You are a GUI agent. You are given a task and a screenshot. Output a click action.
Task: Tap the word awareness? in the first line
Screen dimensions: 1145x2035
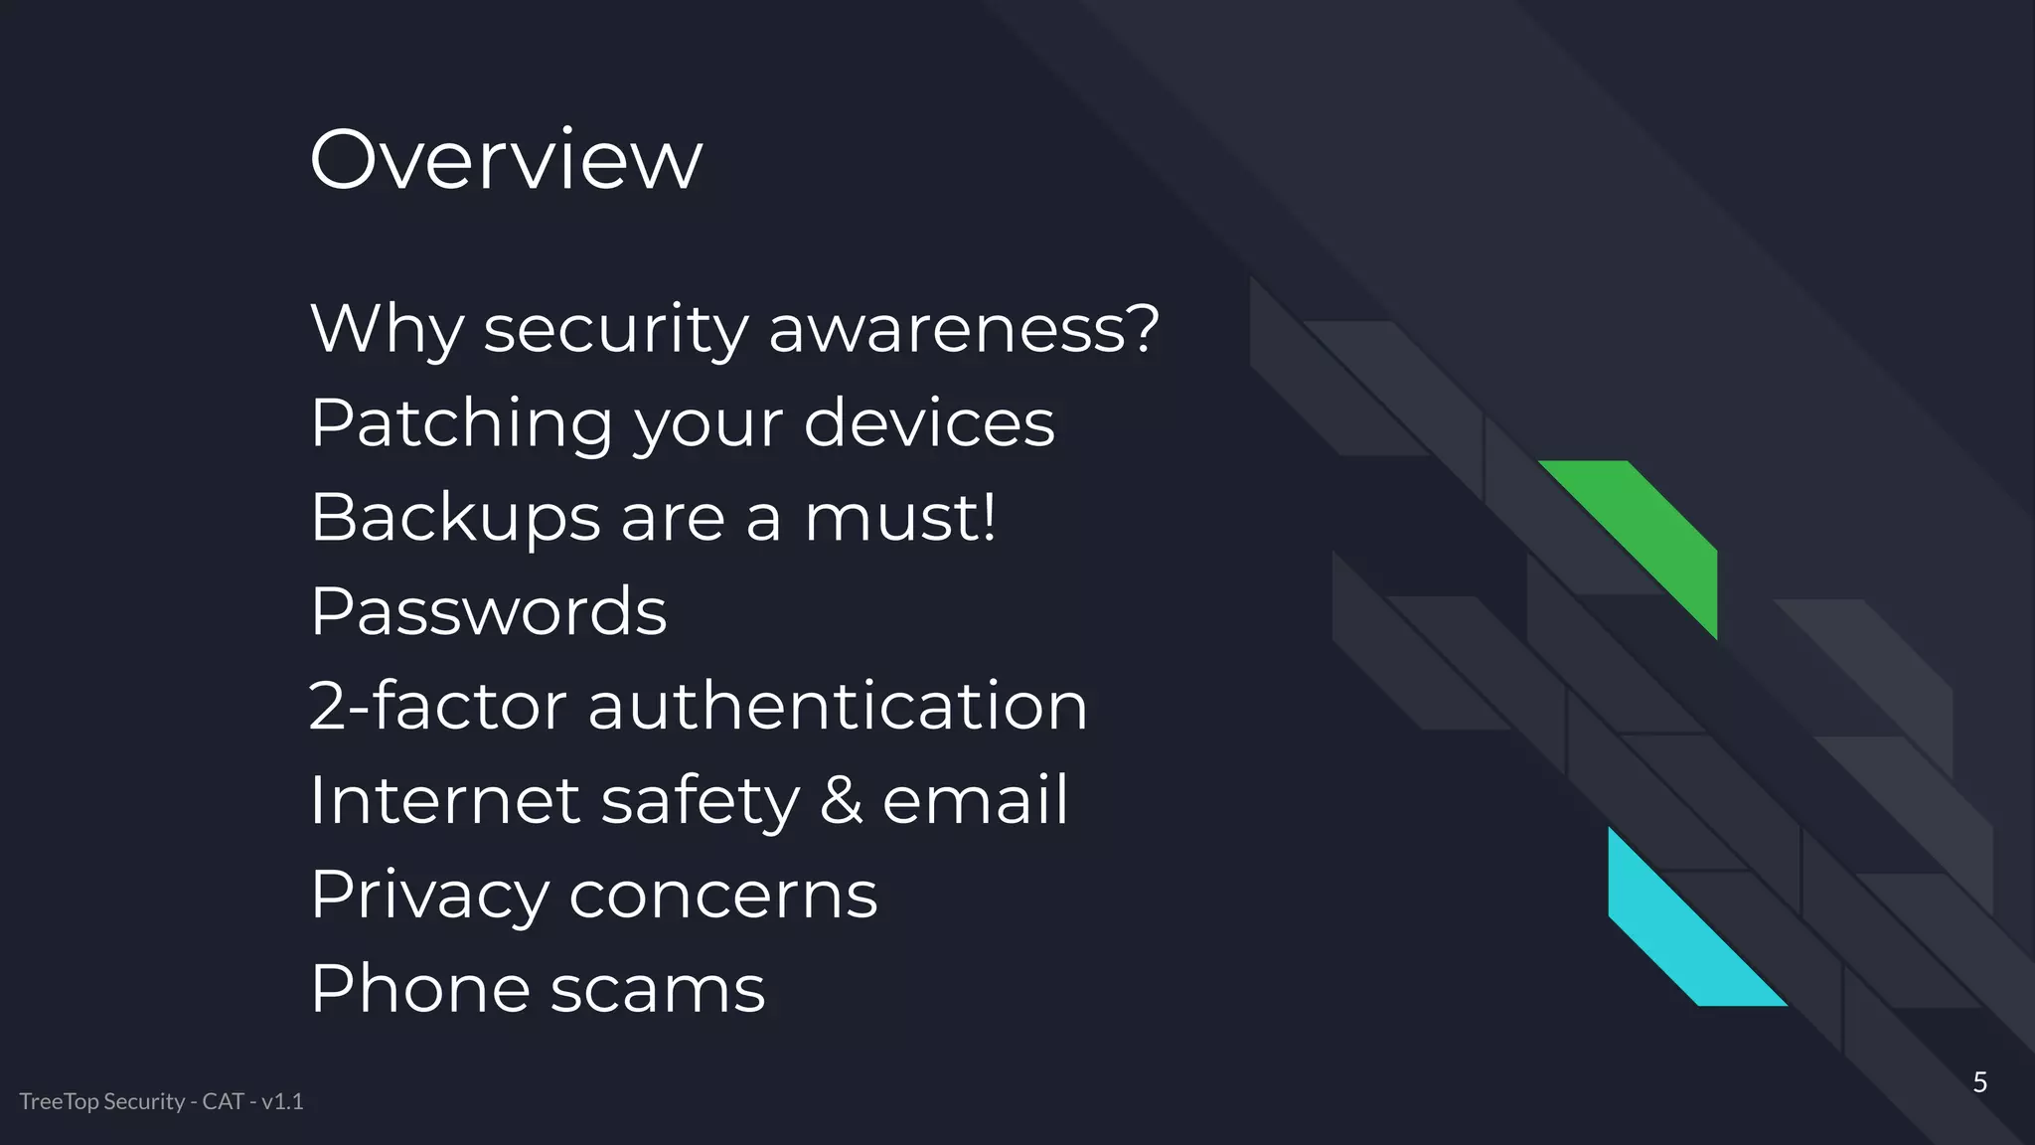tap(963, 329)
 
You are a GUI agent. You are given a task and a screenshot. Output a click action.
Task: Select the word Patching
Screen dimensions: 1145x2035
tap(461, 423)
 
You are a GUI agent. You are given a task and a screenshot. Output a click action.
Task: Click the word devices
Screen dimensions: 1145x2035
tap(928, 423)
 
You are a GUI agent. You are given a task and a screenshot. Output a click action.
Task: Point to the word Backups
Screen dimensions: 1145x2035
tap(455, 518)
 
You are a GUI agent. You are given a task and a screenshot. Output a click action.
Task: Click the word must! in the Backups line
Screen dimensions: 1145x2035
tap(899, 518)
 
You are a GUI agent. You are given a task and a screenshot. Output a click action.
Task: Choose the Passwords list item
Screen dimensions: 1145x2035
tap(488, 611)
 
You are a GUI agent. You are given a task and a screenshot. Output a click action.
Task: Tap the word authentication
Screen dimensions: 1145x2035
tap(838, 706)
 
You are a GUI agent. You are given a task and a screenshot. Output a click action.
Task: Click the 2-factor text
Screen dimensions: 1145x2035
tap(437, 706)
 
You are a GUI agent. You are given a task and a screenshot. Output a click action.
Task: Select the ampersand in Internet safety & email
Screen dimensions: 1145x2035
tap(841, 800)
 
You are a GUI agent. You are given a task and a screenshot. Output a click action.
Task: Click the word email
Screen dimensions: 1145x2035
tap(975, 800)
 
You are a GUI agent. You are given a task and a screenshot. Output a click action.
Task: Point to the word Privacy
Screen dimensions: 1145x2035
tap(428, 895)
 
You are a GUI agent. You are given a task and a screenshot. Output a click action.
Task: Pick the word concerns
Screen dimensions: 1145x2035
tap(722, 895)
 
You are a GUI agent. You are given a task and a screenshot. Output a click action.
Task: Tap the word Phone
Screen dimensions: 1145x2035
tap(419, 989)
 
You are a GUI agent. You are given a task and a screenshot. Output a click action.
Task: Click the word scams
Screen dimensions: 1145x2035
tap(657, 989)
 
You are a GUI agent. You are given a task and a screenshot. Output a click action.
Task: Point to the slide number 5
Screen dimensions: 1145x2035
tap(1979, 1082)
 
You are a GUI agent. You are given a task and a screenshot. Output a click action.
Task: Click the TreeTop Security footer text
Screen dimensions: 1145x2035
tap(161, 1101)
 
